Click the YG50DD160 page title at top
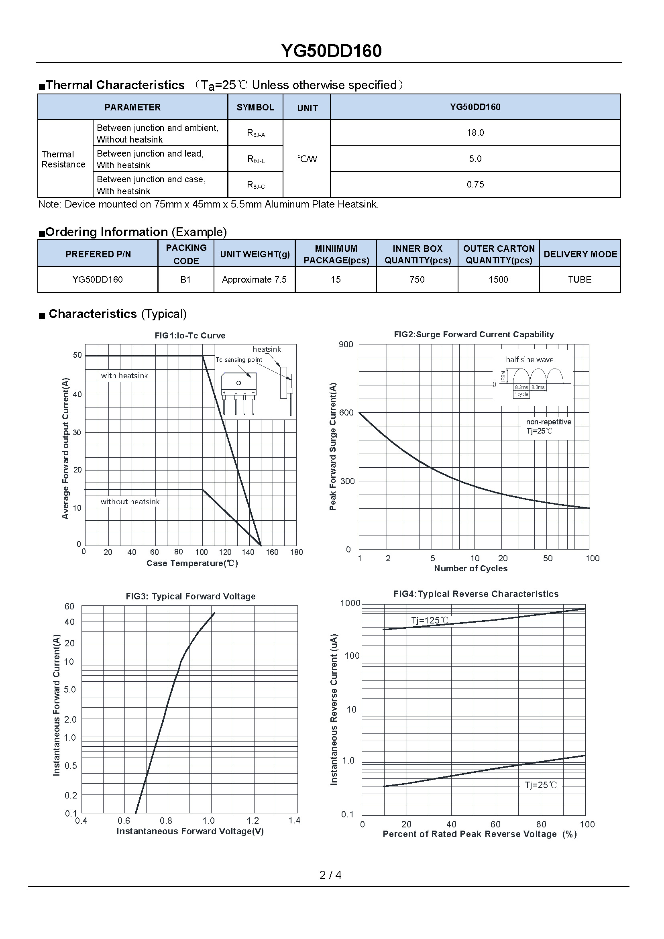tap(331, 51)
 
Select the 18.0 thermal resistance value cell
tap(475, 133)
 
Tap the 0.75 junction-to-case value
tap(475, 184)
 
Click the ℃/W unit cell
tap(307, 159)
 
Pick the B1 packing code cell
tap(185, 280)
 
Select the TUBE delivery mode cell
tap(579, 280)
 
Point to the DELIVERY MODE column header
tap(580, 254)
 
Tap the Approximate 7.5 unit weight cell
tap(254, 280)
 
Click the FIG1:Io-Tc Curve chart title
tap(190, 336)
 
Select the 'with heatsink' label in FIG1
tap(124, 376)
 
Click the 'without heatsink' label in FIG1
tap(130, 502)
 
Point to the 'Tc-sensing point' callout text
tap(239, 360)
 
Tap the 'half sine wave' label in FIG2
tap(530, 360)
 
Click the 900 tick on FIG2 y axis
tap(346, 344)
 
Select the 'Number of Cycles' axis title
tap(471, 568)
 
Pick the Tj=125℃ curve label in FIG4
tap(429, 620)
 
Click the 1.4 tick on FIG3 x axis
tap(294, 821)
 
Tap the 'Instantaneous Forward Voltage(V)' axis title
tap(190, 831)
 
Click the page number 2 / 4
tap(330, 875)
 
